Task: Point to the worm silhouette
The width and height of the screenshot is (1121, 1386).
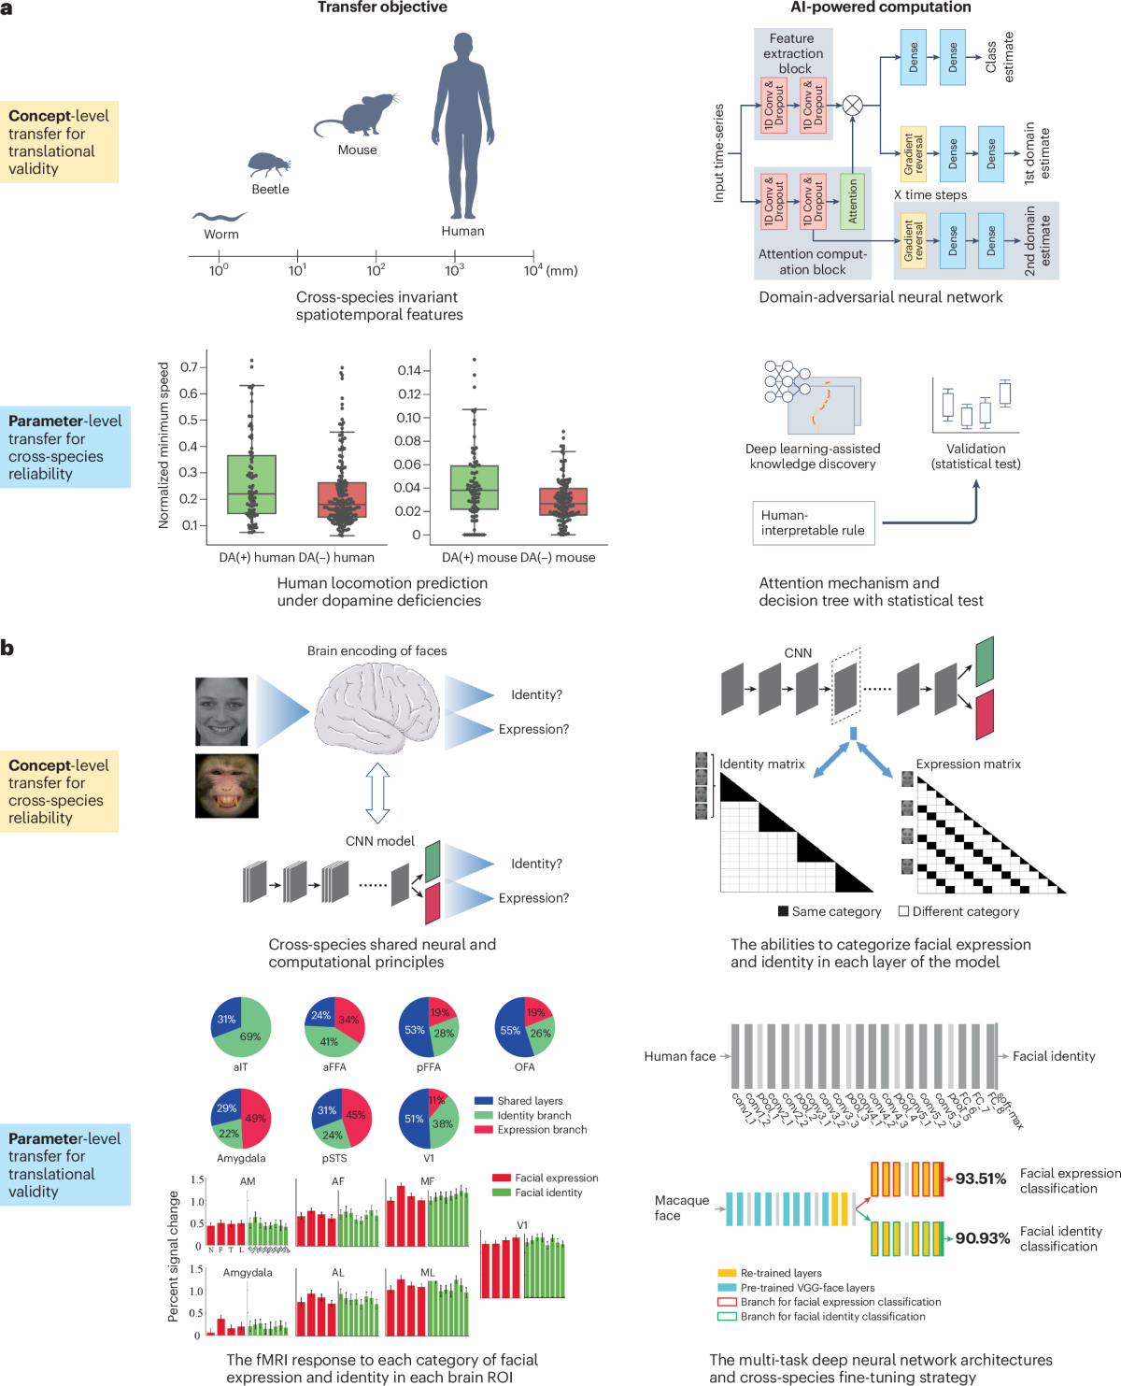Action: (x=219, y=217)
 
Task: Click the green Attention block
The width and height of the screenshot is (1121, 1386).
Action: (x=852, y=201)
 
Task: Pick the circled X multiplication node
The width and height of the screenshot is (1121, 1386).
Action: (x=852, y=106)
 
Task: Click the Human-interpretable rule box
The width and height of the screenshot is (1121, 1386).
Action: (x=813, y=522)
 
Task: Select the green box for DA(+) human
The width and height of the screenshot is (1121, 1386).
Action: (x=251, y=484)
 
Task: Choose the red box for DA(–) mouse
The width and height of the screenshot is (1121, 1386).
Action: (x=563, y=501)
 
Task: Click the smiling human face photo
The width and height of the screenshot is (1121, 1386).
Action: (x=221, y=711)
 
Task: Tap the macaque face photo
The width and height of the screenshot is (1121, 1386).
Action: (x=226, y=786)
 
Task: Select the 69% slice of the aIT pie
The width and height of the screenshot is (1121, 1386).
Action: (x=248, y=1036)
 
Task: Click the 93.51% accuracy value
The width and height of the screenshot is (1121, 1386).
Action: (x=980, y=1179)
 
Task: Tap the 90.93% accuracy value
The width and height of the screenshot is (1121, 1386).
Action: (x=983, y=1238)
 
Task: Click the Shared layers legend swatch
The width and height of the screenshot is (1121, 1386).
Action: (x=483, y=1101)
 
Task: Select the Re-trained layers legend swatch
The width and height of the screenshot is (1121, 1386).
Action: (x=727, y=1273)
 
